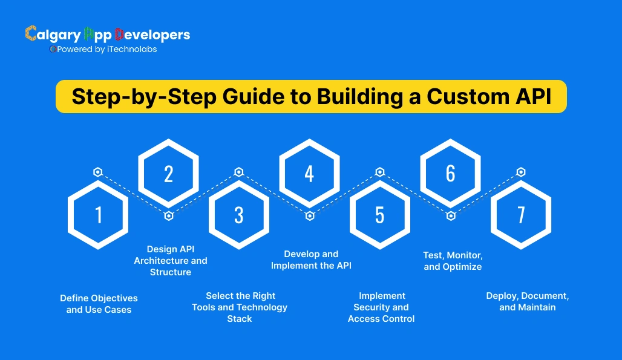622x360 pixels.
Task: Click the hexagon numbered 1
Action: [x=98, y=215]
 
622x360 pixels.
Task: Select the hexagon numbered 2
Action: [x=168, y=174]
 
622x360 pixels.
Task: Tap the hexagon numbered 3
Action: [x=239, y=215]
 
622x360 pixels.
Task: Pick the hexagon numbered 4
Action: [x=309, y=174]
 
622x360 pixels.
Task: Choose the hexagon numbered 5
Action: [x=380, y=215]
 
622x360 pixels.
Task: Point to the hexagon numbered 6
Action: [x=451, y=174]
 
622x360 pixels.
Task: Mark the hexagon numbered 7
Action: [x=521, y=215]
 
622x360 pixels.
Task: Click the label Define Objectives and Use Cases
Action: [x=99, y=304]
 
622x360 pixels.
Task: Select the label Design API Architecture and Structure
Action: [x=171, y=261]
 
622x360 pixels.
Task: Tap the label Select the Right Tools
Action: [x=240, y=307]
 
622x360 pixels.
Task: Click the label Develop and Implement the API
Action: [x=311, y=260]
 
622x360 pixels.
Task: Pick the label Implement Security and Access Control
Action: [x=381, y=307]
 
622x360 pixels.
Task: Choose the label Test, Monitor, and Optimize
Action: [x=453, y=261]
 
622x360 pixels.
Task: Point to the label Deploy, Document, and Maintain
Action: [x=527, y=301]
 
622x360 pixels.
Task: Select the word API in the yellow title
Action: [x=534, y=97]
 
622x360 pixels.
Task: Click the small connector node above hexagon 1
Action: [x=98, y=172]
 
